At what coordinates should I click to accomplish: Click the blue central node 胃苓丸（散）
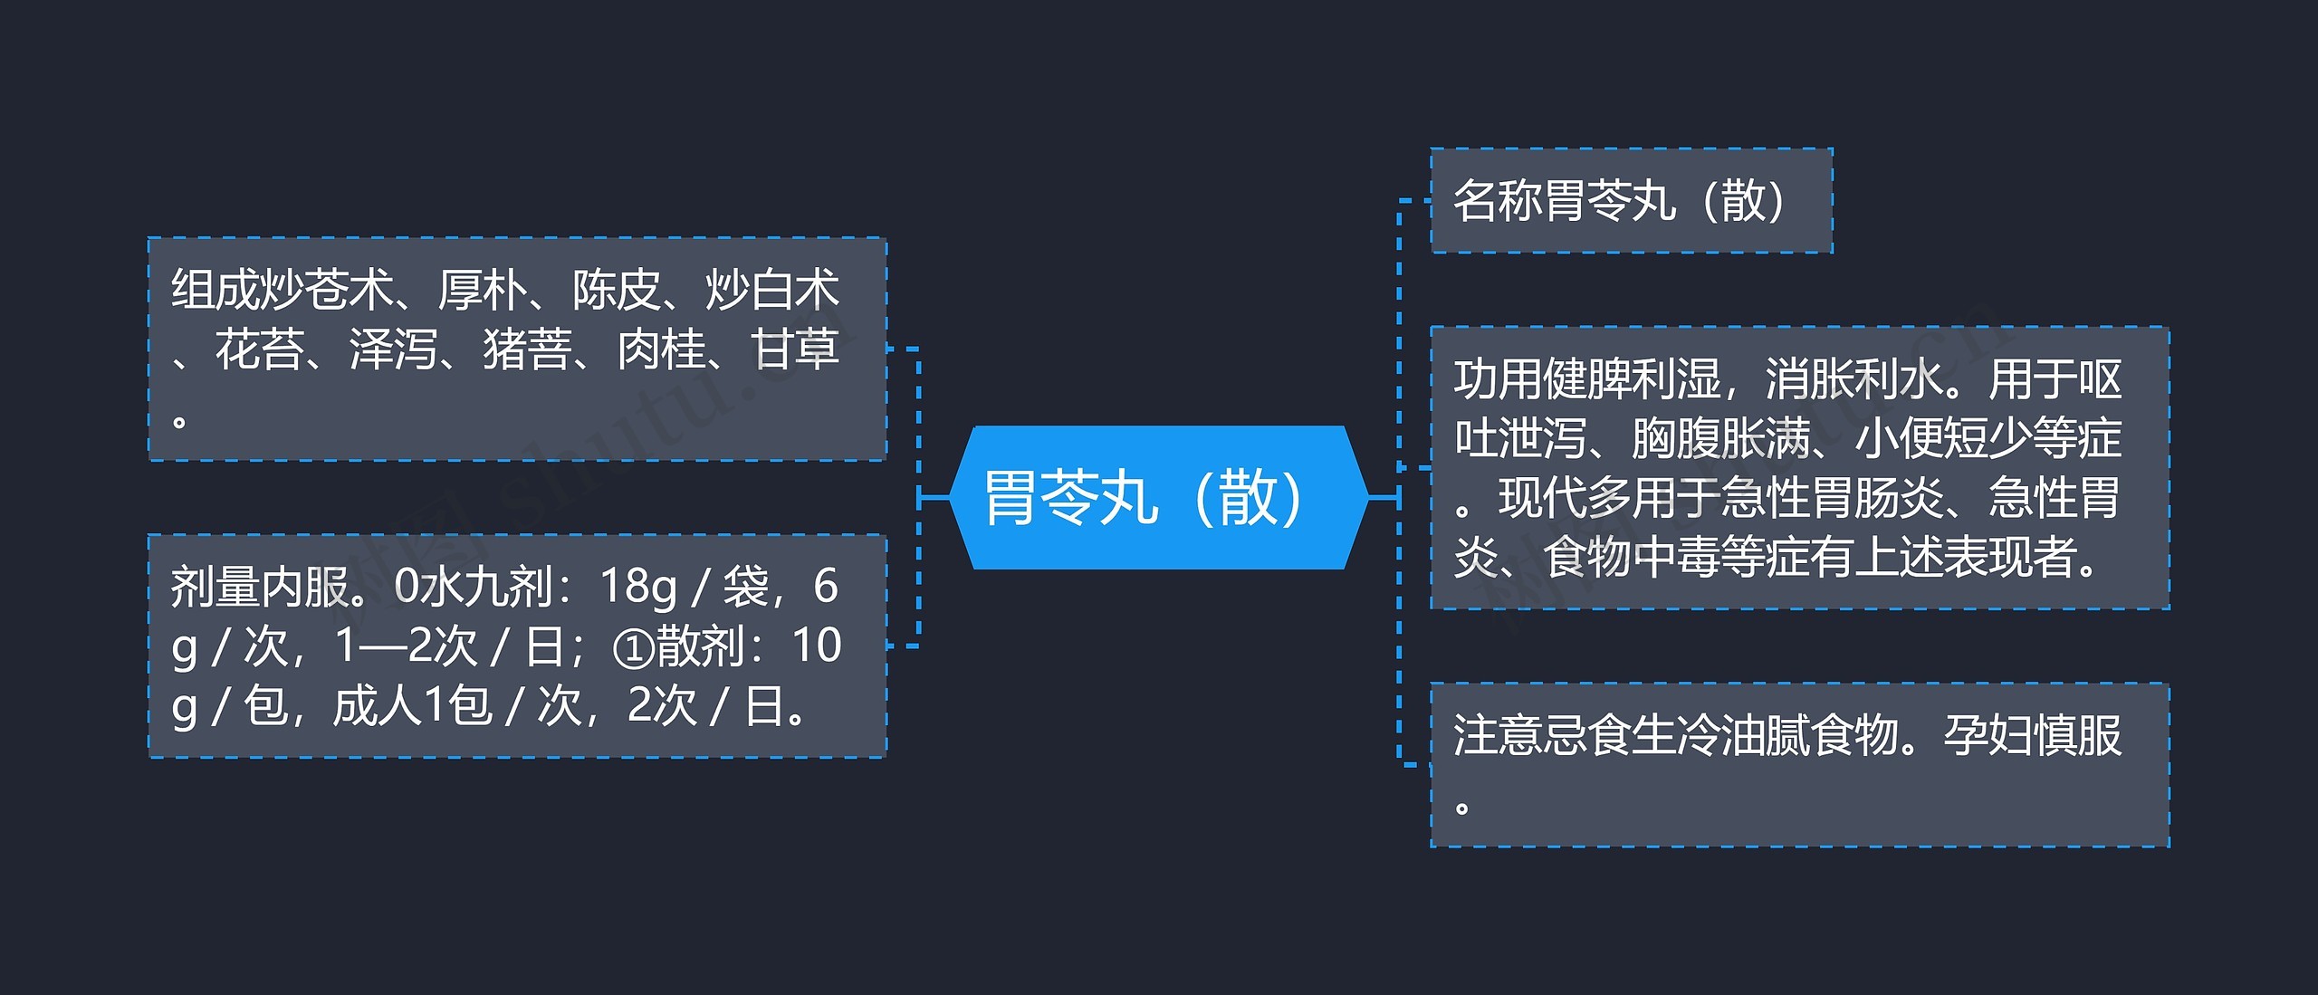coord(1157,497)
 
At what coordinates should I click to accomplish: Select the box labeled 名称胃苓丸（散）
coord(1630,200)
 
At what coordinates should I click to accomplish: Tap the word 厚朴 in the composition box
coord(482,290)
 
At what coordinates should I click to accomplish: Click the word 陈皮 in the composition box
coord(616,290)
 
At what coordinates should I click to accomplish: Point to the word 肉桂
coord(661,349)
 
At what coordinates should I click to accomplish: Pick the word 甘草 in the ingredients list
coord(795,349)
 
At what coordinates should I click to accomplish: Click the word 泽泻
coord(393,349)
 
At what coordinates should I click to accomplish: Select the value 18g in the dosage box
coord(638,586)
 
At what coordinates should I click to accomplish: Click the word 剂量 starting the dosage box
coord(215,586)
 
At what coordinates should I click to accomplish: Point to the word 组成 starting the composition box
coord(215,290)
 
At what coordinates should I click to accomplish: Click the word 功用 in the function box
coord(1498,378)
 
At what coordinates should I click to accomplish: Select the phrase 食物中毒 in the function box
coord(1632,557)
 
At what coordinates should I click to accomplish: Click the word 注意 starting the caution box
coord(1498,735)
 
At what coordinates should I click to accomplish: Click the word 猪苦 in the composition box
coord(527,349)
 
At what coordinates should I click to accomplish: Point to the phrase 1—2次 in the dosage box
coord(406,646)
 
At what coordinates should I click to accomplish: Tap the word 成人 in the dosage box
coord(377,705)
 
